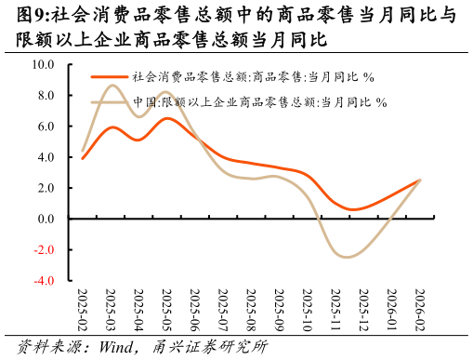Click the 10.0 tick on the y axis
tap(43, 65)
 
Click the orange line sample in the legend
tap(109, 77)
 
